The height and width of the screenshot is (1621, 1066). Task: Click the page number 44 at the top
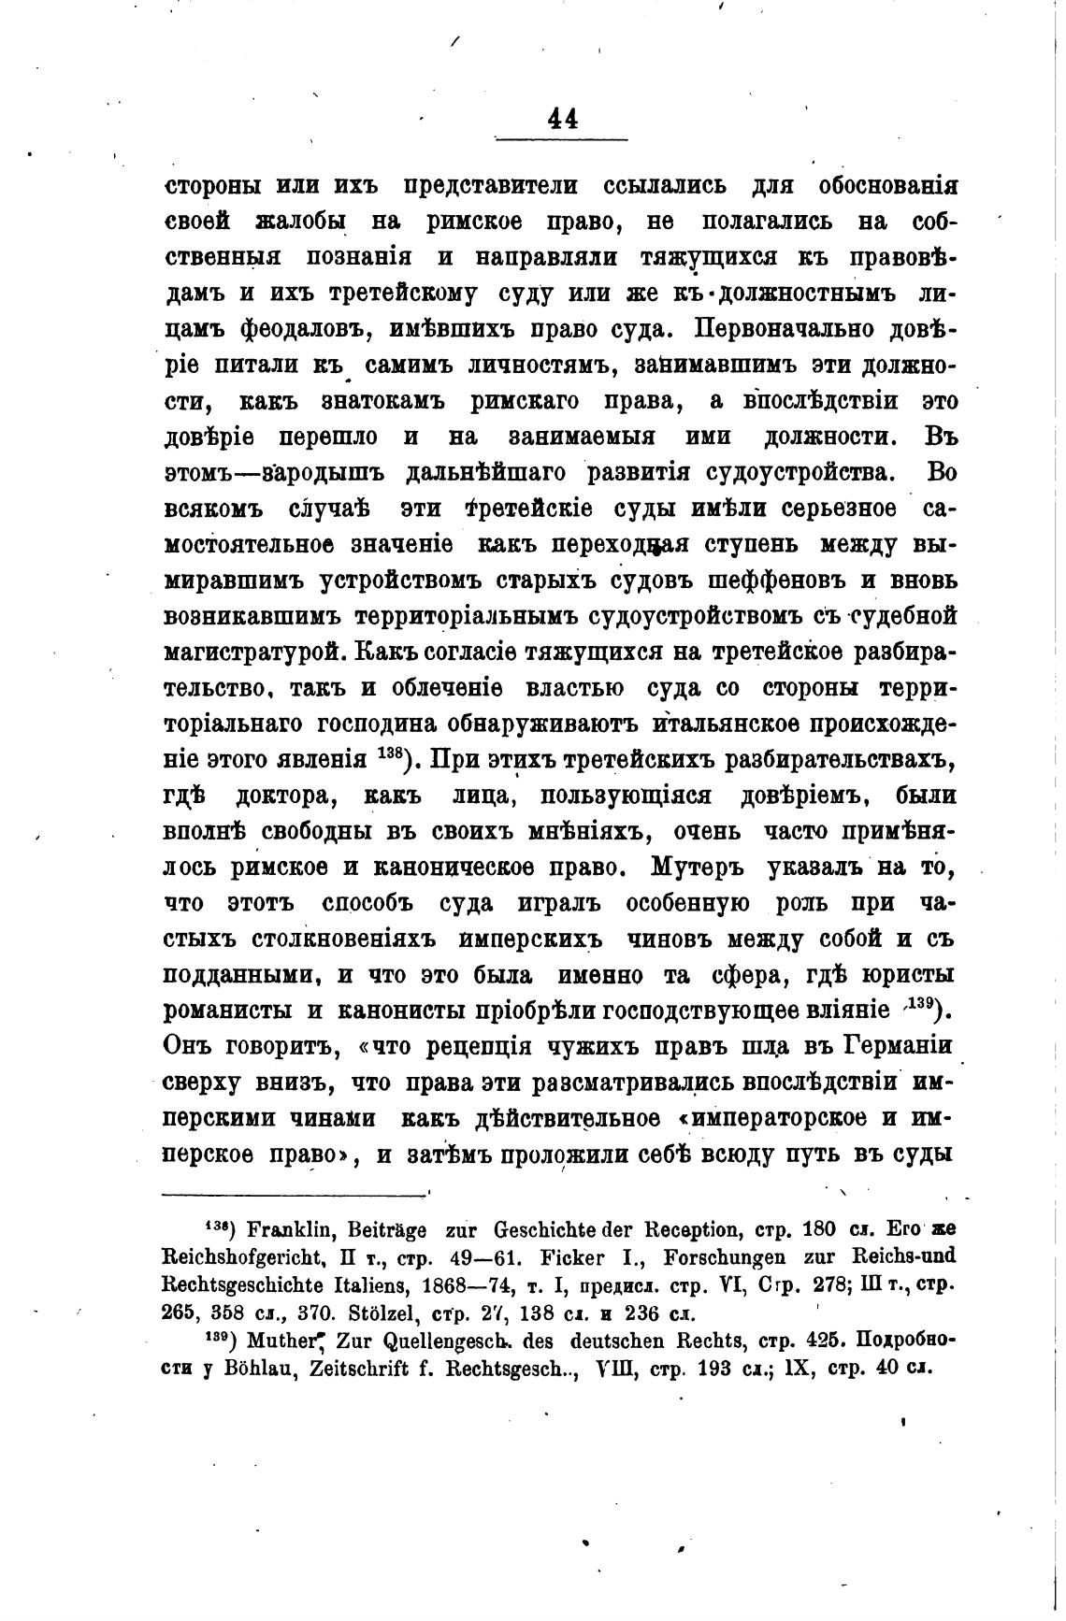tap(561, 119)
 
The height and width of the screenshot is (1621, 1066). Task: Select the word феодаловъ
tap(297, 329)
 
